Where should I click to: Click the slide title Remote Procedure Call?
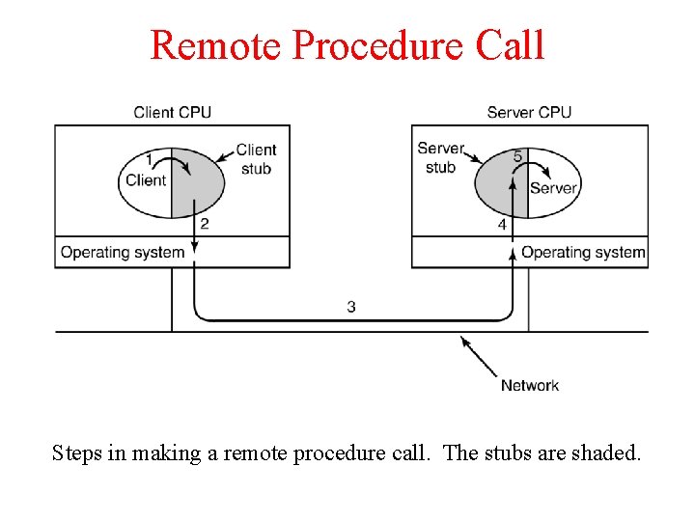[347, 45]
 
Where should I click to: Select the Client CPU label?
[172, 112]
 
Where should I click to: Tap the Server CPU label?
[529, 112]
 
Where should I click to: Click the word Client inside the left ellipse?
[146, 179]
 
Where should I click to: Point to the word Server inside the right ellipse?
[553, 188]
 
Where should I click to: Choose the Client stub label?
[256, 159]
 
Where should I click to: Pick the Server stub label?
[440, 157]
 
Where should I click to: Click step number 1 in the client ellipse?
[149, 158]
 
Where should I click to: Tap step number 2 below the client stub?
[204, 224]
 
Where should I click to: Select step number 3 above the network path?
[351, 307]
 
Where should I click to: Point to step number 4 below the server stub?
[502, 224]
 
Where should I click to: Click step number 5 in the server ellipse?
[518, 156]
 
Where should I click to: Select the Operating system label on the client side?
[123, 253]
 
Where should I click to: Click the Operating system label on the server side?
[583, 253]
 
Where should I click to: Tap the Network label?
[529, 386]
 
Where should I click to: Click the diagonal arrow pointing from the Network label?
[479, 356]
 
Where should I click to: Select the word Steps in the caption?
[77, 452]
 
